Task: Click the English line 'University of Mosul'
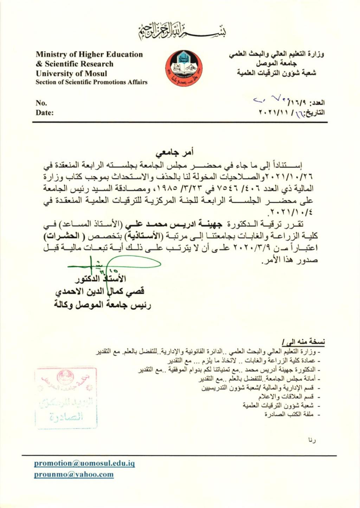[71, 73]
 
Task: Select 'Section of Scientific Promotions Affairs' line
[91, 82]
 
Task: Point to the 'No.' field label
[41, 103]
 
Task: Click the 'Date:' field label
[44, 113]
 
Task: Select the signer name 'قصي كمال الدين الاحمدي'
[100, 292]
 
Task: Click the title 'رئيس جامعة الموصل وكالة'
[103, 305]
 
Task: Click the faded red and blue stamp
[66, 398]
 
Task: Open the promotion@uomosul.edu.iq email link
[84, 463]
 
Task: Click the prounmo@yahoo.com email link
[74, 475]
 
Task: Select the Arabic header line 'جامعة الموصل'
[276, 64]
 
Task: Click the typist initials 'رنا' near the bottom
[312, 440]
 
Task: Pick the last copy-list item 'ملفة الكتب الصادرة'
[289, 415]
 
